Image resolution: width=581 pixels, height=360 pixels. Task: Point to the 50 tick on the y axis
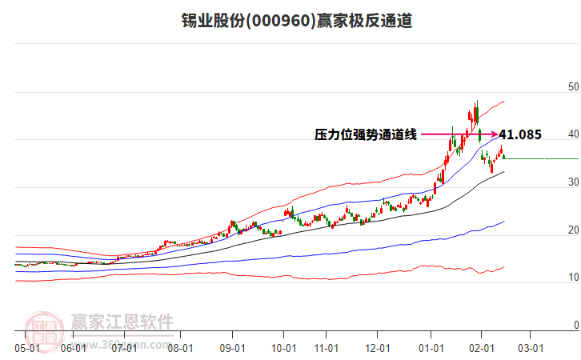tap(572, 86)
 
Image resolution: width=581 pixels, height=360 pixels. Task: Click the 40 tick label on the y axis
tap(572, 134)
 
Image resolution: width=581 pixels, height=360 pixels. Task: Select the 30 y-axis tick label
tap(572, 182)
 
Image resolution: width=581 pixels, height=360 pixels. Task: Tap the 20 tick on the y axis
tap(572, 230)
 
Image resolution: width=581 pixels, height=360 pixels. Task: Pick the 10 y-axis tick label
tap(572, 278)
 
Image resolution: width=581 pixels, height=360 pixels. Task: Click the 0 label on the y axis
tap(575, 326)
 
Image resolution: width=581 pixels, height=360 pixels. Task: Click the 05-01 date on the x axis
tap(27, 348)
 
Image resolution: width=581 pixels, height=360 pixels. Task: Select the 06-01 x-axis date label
tap(73, 348)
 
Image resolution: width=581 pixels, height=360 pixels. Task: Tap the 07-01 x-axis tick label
tap(125, 348)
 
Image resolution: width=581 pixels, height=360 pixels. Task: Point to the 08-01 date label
tap(181, 348)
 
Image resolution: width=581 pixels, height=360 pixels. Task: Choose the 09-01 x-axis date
tap(232, 348)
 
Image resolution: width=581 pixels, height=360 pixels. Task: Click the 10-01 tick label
tap(284, 348)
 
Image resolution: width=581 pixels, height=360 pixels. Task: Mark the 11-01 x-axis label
tap(327, 348)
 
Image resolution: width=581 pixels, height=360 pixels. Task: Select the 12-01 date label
tap(378, 348)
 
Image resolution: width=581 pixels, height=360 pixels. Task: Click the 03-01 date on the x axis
tap(531, 348)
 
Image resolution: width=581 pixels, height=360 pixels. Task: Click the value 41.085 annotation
tap(520, 135)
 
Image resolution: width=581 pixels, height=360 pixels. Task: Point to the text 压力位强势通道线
tap(366, 135)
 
